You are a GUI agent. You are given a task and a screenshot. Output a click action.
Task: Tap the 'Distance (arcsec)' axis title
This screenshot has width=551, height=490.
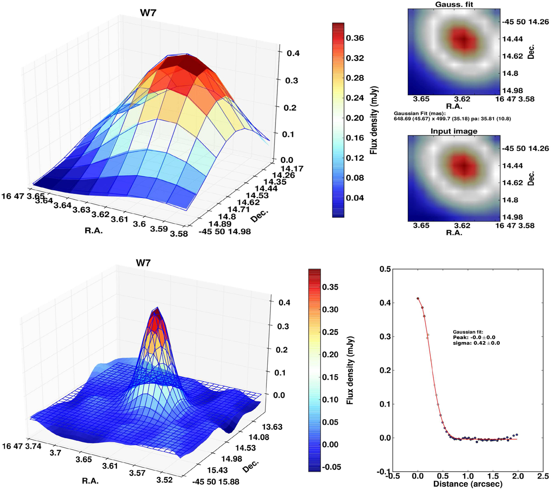[467, 484]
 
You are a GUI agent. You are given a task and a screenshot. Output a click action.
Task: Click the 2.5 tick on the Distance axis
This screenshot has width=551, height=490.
[542, 476]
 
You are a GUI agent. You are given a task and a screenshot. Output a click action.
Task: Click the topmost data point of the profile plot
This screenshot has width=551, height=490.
[418, 299]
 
